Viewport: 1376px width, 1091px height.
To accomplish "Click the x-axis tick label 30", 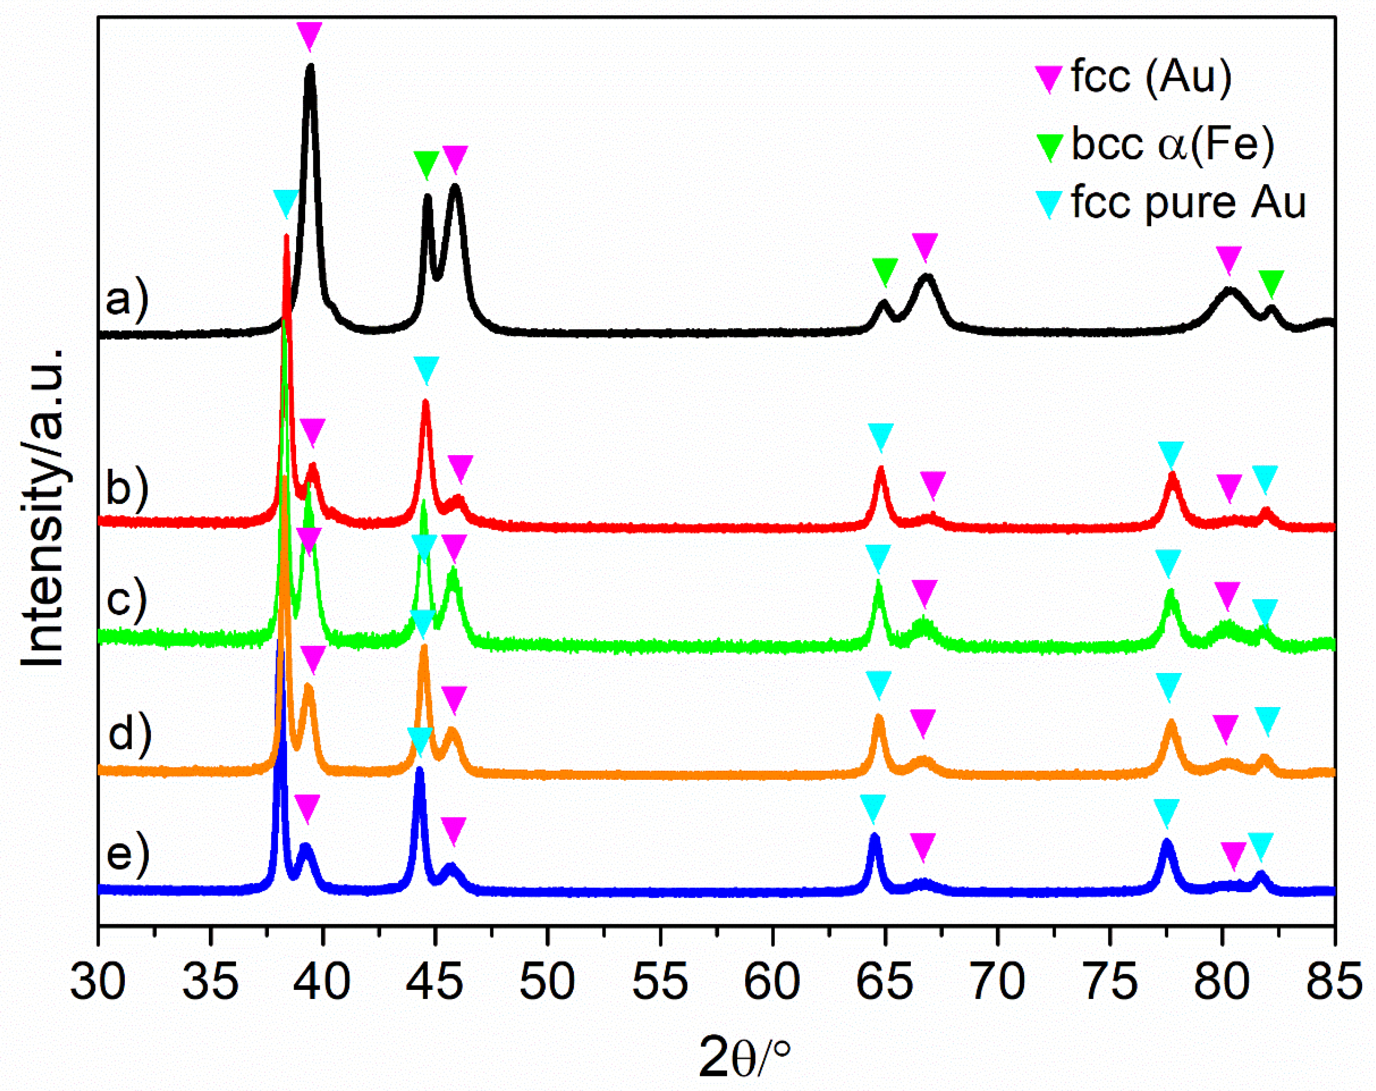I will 98,982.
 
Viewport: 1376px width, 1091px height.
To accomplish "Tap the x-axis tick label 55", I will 660,982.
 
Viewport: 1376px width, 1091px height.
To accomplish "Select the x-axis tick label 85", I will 1334,982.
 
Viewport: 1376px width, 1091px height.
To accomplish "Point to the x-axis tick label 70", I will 998,982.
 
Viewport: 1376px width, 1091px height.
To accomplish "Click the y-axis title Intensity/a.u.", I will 43,507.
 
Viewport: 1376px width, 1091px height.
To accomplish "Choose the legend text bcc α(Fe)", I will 1172,144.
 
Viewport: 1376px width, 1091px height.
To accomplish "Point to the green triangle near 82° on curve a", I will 1271,283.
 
